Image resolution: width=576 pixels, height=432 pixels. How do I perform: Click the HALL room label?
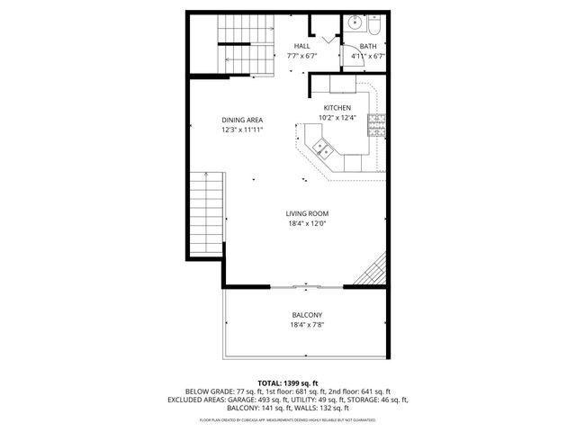coord(303,46)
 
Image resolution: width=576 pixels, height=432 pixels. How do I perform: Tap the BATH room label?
coord(368,46)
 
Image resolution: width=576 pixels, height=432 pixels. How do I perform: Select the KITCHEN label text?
coord(337,108)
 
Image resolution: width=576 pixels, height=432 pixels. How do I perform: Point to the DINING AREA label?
coord(242,120)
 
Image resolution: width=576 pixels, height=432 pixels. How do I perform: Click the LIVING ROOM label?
coord(305,213)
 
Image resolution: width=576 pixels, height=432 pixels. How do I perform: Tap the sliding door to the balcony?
coord(305,288)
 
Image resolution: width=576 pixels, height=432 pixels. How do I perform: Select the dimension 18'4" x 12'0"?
coord(305,223)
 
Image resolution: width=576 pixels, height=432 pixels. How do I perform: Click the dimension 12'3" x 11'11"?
coord(242,130)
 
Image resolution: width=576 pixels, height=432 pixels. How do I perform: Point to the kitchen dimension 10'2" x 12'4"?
coord(337,118)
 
